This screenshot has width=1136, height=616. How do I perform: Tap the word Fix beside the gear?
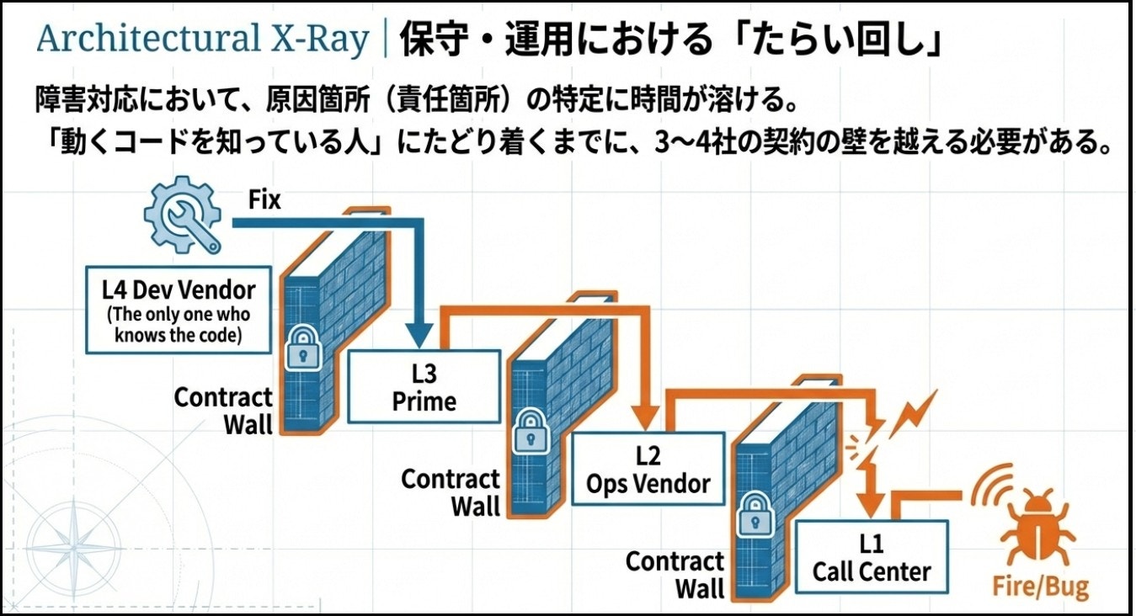(264, 200)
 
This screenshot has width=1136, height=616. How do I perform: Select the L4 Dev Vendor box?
(179, 310)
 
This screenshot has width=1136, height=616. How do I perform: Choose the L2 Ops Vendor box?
(648, 469)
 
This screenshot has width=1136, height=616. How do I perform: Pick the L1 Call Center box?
(871, 557)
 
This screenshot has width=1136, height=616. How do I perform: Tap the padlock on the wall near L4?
(301, 348)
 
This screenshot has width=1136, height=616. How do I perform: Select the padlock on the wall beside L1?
(751, 515)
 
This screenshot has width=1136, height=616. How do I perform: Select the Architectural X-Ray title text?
(203, 40)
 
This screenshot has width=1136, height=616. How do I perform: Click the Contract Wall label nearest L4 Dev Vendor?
(224, 410)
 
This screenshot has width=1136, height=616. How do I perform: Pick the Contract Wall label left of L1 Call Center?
(675, 574)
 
